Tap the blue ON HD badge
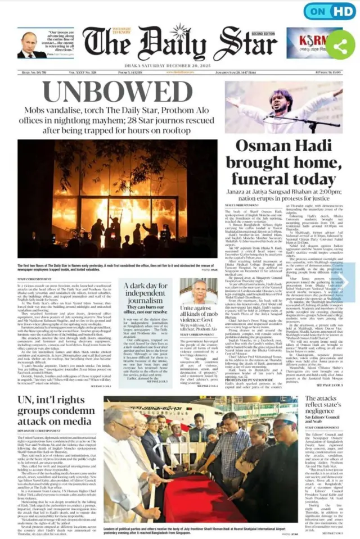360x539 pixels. pos(330,12)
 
